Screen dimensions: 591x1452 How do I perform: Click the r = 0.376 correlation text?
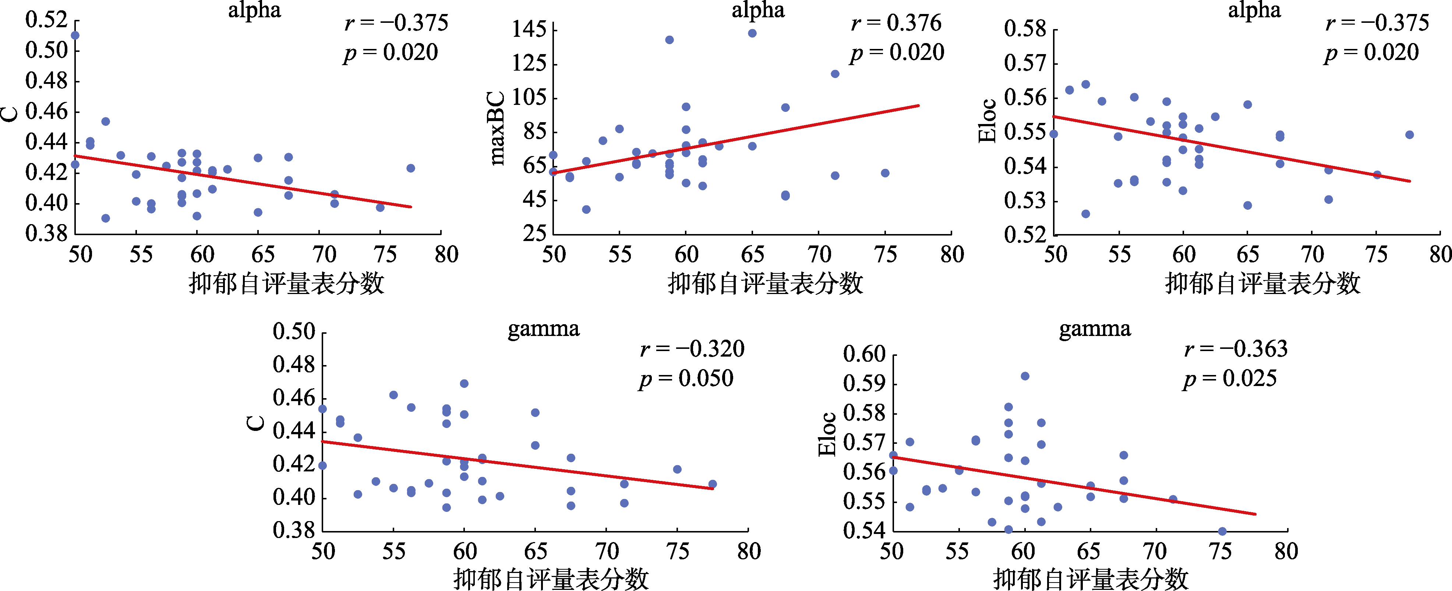(x=896, y=23)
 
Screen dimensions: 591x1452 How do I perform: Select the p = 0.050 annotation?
(x=686, y=379)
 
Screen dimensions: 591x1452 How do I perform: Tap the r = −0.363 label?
(x=1236, y=349)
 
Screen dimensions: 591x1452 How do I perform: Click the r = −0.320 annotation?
(x=692, y=349)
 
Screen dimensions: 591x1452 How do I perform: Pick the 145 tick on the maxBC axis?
(x=529, y=29)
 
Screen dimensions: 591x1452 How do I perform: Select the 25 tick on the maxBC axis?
(x=534, y=233)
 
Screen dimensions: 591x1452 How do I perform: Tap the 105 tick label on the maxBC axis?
(x=529, y=98)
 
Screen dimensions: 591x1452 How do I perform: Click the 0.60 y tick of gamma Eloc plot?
(x=865, y=354)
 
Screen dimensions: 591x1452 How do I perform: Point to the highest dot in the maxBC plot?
(x=752, y=33)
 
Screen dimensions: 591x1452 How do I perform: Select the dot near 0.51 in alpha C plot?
(x=75, y=35)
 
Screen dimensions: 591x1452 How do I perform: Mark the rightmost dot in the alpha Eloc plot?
(x=1409, y=135)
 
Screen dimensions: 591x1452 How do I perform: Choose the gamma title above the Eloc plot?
(x=1095, y=329)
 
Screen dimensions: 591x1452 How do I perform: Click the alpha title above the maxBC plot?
(x=758, y=11)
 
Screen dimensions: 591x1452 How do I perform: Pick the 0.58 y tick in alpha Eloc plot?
(x=1025, y=29)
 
